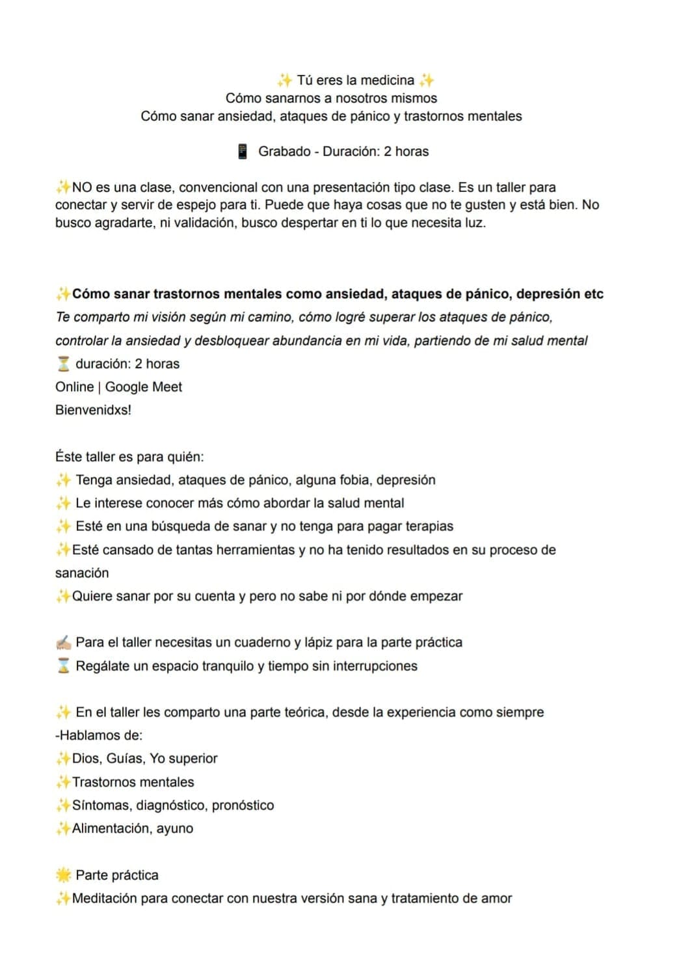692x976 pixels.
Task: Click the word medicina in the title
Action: pos(387,80)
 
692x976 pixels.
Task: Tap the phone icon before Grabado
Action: pos(243,152)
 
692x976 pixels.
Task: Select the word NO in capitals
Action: pos(82,187)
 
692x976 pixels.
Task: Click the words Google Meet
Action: pos(143,386)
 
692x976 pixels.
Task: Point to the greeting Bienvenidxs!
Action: pos(93,410)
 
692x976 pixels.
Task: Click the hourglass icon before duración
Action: pos(63,364)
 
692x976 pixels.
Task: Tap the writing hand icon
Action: pos(63,643)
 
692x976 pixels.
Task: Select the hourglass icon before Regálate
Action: pos(63,666)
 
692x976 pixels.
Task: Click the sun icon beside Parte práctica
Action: pos(63,875)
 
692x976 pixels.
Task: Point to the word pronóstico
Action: pos(243,805)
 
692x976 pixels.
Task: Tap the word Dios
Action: pos(85,759)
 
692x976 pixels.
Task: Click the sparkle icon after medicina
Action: pos(427,80)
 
